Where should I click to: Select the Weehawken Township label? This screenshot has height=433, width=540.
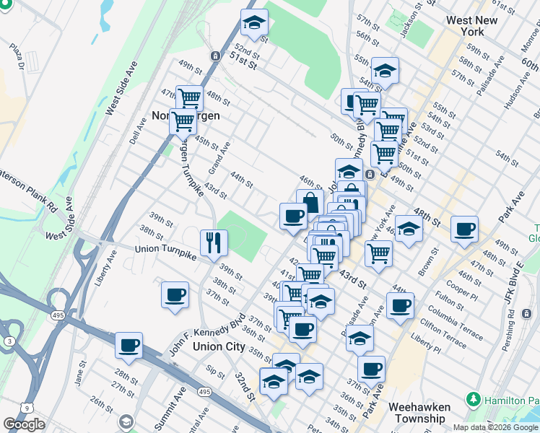pyautogui.click(x=420, y=412)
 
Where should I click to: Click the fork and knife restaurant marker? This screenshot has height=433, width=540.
pyautogui.click(x=214, y=242)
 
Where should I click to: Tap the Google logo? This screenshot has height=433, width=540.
pyautogui.click(x=24, y=424)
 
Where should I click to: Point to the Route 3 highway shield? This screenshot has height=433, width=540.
pyautogui.click(x=8, y=341)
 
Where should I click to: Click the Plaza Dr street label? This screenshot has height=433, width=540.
pyautogui.click(x=17, y=56)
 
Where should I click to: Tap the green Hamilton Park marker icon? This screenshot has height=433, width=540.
pyautogui.click(x=474, y=399)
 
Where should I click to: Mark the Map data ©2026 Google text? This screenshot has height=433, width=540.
pyautogui.click(x=495, y=427)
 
